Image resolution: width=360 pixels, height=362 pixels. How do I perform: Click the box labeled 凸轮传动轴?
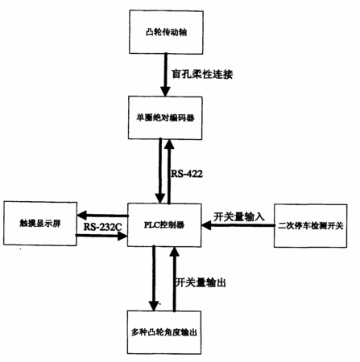point(166,32)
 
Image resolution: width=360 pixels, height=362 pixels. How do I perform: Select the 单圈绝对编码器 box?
point(165,117)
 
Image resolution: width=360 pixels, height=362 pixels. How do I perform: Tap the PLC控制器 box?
point(164,225)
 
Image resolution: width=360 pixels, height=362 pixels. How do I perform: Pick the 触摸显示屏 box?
point(40,224)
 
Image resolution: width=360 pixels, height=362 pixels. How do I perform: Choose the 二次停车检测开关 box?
point(310,226)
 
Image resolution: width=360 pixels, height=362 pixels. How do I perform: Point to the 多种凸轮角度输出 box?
point(164,332)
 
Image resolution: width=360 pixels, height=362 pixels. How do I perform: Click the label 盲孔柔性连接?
point(202,74)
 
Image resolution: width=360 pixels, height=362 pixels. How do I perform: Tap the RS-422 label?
point(187,174)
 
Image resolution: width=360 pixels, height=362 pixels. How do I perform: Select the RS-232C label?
point(102,227)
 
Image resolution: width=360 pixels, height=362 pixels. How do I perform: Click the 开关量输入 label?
point(239,216)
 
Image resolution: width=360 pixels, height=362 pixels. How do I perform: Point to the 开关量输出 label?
point(201,282)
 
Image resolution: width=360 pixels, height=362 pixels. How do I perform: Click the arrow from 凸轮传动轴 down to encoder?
point(165,75)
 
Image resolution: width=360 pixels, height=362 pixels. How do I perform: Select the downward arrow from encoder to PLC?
point(160,171)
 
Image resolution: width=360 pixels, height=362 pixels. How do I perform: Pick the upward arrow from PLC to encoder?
point(169,171)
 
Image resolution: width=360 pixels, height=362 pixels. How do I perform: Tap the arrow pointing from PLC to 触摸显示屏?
point(102,215)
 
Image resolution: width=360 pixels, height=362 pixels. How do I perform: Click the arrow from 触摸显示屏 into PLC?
point(101,236)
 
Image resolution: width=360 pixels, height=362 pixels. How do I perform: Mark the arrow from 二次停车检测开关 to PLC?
point(238,225)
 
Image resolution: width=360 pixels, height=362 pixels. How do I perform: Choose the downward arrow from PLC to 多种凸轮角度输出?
point(154,278)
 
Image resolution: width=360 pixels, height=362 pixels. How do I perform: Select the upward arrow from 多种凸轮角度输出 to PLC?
point(175,279)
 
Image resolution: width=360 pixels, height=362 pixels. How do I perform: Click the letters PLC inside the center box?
point(151,224)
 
